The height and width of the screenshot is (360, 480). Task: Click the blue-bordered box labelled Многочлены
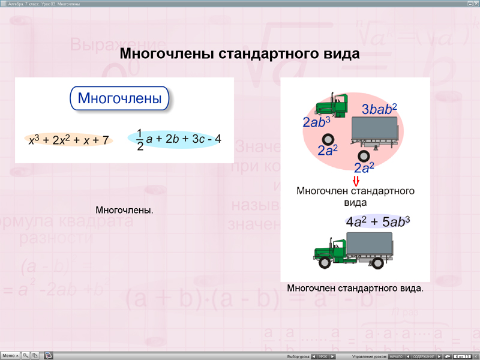[x=120, y=98]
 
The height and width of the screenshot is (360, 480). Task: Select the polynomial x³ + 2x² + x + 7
[x=69, y=140]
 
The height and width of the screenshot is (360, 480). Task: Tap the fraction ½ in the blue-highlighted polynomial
[x=140, y=139]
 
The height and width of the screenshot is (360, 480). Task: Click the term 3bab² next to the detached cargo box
[x=379, y=109]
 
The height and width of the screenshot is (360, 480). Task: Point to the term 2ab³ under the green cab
[x=316, y=122]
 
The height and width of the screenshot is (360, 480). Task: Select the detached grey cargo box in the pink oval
[x=374, y=133]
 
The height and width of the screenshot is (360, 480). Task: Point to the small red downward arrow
[x=355, y=181]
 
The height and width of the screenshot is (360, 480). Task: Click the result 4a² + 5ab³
[x=377, y=221]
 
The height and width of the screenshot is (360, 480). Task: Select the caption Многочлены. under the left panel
[x=124, y=211]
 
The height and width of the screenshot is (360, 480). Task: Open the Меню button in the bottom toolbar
[x=11, y=355]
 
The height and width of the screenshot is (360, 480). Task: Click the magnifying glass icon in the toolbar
[x=26, y=355]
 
